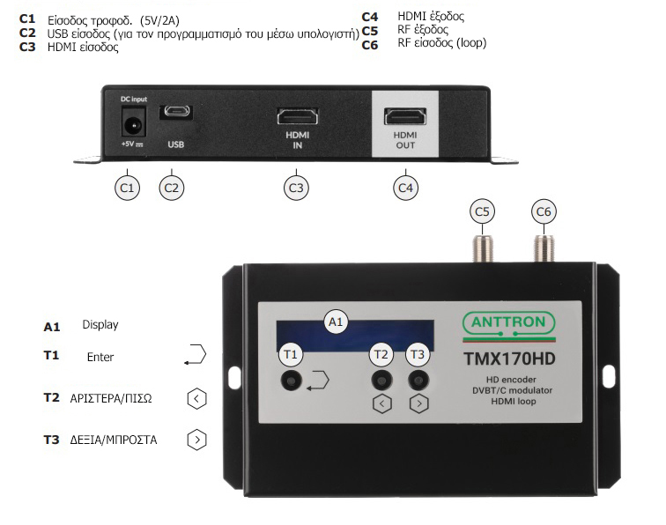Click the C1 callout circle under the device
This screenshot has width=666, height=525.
(x=129, y=187)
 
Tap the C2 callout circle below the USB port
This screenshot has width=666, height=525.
(x=173, y=187)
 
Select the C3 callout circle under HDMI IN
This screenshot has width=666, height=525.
(x=297, y=187)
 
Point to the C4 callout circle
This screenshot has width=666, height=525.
(x=404, y=187)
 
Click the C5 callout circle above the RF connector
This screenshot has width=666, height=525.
(x=482, y=211)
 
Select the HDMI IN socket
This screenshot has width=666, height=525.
(x=298, y=116)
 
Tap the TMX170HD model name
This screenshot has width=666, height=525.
(x=508, y=359)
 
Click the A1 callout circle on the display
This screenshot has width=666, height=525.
(x=335, y=323)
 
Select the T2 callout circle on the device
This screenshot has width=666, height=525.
(x=381, y=355)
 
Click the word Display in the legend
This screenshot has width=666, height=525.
(x=100, y=325)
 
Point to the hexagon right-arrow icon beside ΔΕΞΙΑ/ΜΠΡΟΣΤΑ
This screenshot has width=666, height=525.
(x=197, y=438)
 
